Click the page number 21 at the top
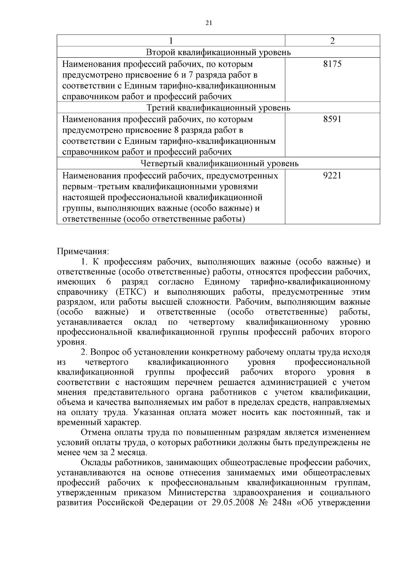tap(209, 23)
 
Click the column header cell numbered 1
tap(171, 41)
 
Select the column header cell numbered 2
tap(332, 41)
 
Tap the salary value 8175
tap(332, 64)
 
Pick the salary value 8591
tap(332, 119)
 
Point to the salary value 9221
tap(332, 175)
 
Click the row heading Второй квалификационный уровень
tap(218, 52)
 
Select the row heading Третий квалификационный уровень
tap(218, 108)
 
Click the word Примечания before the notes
tap(83, 251)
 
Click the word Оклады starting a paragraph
tap(96, 462)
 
